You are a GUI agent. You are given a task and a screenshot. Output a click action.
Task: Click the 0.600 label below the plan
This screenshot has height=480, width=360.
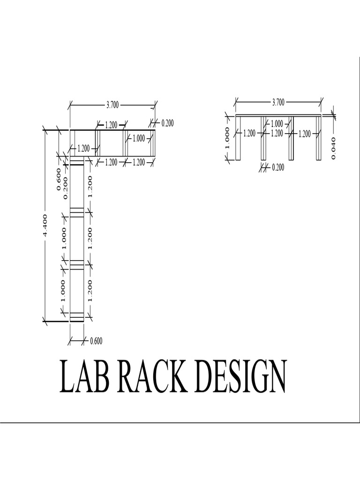96,341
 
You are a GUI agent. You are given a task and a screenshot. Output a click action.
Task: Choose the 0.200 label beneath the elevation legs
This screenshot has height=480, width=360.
278,167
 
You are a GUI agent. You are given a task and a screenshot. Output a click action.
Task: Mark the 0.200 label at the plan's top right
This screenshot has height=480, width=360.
167,123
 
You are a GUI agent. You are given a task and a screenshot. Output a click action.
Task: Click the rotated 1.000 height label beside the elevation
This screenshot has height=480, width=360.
228,138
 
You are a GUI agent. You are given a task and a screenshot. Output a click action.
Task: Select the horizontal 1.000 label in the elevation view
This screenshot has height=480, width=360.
277,124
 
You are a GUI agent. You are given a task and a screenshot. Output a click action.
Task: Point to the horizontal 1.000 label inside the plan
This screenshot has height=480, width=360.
139,138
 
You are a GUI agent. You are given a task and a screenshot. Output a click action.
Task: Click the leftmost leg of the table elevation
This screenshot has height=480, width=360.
239,138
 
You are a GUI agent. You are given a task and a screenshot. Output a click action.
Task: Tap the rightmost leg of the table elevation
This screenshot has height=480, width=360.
318,138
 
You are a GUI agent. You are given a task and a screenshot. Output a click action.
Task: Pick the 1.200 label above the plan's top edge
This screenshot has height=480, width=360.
111,125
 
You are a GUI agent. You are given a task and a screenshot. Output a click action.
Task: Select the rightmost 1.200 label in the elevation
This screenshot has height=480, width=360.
305,134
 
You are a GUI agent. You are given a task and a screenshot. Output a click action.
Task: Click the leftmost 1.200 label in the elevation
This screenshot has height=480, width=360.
249,133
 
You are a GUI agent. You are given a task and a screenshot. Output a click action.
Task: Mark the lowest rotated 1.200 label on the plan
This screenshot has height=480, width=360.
90,290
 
